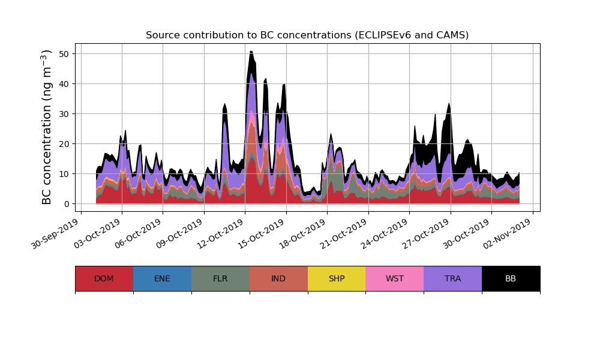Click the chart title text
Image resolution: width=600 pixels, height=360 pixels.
click(x=307, y=35)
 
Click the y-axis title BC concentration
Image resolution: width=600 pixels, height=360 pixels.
click(x=47, y=127)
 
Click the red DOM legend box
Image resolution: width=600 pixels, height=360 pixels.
click(x=104, y=278)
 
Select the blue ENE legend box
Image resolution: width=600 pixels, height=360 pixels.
click(x=162, y=278)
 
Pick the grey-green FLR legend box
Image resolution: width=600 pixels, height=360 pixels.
click(x=220, y=278)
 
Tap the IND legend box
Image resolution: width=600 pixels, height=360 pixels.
click(x=278, y=278)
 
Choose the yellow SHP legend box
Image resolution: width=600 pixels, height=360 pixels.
click(x=337, y=278)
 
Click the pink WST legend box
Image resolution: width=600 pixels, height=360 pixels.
click(x=395, y=278)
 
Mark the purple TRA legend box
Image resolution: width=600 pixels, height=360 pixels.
click(x=453, y=278)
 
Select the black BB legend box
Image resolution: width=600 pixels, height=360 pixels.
click(x=511, y=278)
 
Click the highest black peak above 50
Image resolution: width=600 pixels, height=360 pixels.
click(x=251, y=52)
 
